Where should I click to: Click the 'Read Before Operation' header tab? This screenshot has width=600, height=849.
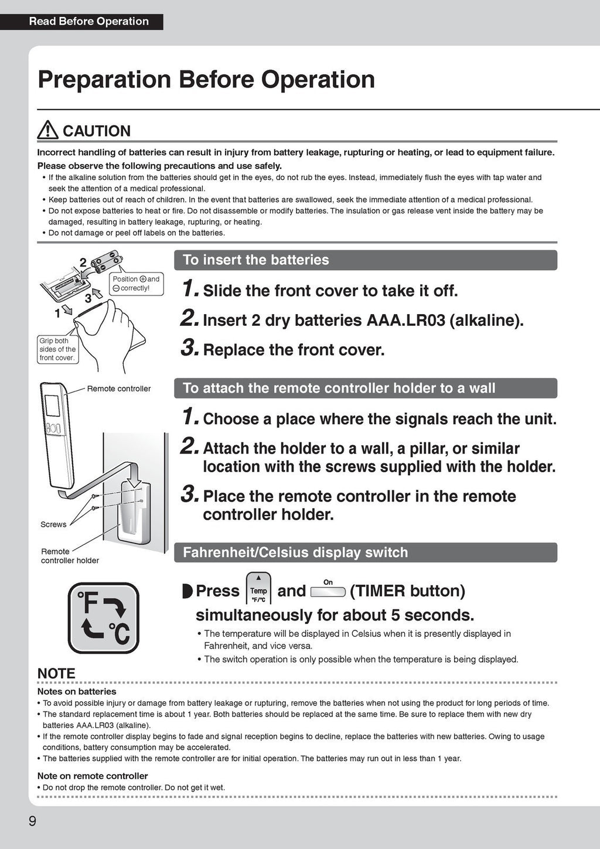(x=88, y=22)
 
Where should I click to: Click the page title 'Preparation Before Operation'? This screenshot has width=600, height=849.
(x=206, y=79)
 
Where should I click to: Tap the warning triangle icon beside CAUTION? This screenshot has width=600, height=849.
(x=47, y=130)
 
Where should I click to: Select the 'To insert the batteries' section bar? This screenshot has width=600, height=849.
(x=365, y=260)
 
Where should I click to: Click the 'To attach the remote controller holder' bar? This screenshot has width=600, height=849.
(x=365, y=388)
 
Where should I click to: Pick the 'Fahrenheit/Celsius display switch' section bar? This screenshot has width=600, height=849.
(x=365, y=553)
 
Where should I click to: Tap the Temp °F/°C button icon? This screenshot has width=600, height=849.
(x=258, y=588)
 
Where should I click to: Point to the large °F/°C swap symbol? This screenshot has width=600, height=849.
(x=104, y=618)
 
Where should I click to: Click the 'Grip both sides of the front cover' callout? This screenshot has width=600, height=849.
(x=57, y=349)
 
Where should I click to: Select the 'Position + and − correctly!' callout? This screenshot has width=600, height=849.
(x=135, y=284)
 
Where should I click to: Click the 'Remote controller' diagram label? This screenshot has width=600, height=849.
(x=119, y=388)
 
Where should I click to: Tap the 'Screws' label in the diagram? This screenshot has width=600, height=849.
(x=53, y=524)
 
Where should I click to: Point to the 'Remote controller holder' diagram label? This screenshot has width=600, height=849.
(x=70, y=556)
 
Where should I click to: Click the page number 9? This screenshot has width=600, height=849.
(x=32, y=821)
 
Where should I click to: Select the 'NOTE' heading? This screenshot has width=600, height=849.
(x=56, y=674)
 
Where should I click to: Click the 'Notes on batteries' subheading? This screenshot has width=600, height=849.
(x=77, y=691)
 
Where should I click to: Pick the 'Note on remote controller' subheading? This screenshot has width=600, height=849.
(x=93, y=776)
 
